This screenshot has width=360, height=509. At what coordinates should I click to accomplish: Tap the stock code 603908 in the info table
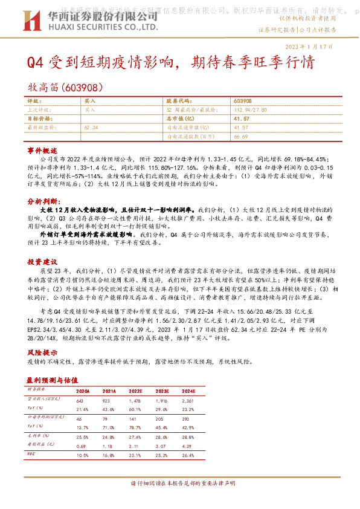pyautogui.click(x=242, y=102)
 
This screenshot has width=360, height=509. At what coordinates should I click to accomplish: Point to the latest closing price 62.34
pyautogui.click(x=92, y=128)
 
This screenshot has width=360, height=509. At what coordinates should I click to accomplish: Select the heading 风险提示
pyautogui.click(x=42, y=352)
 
